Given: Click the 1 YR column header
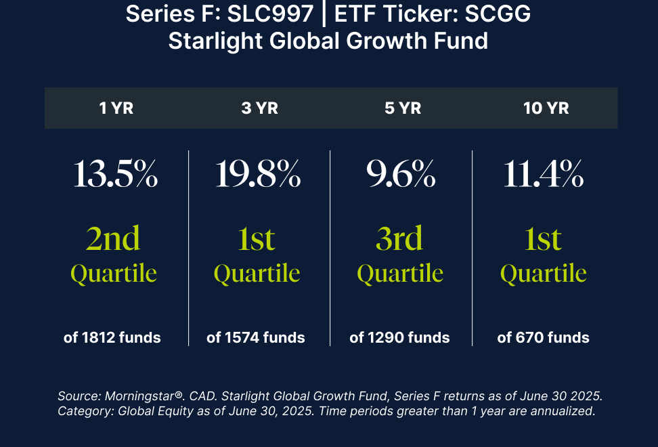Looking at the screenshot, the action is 116,108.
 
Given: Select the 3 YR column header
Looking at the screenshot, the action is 260,108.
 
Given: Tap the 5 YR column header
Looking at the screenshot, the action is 403,108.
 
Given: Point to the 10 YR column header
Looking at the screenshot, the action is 546,108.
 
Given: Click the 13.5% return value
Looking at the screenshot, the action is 116,174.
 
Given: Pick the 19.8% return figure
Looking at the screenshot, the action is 258,174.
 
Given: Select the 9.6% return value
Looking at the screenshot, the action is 401,174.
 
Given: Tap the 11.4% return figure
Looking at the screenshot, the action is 544,174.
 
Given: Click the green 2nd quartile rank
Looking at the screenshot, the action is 113,238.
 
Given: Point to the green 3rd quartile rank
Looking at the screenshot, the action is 399,238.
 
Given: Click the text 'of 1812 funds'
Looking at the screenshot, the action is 112,337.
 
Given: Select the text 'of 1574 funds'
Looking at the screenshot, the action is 256,337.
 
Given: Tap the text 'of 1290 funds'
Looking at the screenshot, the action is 399,337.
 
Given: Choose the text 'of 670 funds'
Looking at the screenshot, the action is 543,337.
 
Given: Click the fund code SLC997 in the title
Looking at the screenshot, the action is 270,14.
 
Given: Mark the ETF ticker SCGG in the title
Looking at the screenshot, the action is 498,14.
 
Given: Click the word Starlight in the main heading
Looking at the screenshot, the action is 216,41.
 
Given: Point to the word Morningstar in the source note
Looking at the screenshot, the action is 139,396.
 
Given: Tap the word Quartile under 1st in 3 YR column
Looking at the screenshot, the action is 257,274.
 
